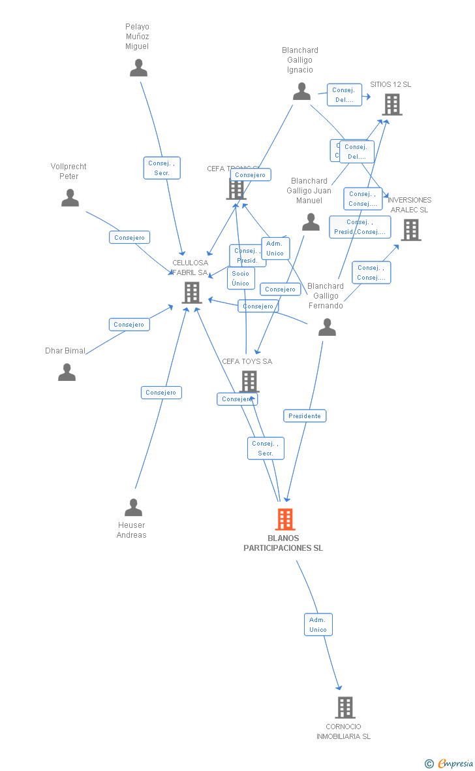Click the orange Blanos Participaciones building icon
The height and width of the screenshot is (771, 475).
[284, 519]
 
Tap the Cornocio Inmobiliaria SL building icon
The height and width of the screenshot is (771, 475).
[345, 707]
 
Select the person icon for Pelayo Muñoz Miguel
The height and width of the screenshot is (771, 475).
[138, 68]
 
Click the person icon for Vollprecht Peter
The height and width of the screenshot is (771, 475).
[70, 198]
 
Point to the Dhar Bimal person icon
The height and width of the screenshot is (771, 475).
[67, 372]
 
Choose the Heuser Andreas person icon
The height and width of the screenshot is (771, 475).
[133, 507]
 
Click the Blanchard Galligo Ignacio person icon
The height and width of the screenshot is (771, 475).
[301, 91]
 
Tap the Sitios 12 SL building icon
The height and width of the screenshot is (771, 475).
[391, 105]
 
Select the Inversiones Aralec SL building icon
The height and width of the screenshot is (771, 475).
[410, 230]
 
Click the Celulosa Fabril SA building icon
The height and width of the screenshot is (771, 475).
[191, 293]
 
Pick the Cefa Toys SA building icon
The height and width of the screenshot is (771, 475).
[249, 381]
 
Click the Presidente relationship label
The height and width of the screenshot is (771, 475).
[305, 416]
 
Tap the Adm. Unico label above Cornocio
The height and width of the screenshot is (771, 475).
[318, 625]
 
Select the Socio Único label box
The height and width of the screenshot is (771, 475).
[241, 278]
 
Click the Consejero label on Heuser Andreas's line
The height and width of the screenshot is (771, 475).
[161, 393]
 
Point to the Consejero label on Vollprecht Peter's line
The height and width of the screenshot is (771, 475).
[129, 237]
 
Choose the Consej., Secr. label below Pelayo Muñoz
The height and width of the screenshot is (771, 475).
[161, 168]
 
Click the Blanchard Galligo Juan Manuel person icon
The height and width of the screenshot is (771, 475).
[311, 222]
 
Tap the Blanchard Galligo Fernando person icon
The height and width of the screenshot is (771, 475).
[327, 327]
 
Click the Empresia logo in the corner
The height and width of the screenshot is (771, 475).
[450, 763]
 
